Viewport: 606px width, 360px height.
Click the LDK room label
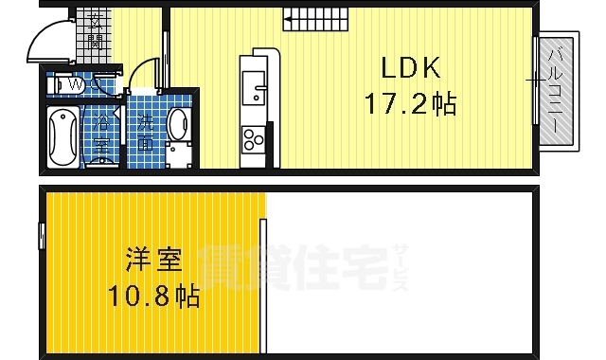411,68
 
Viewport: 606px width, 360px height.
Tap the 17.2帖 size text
411,103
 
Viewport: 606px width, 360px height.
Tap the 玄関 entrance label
96,32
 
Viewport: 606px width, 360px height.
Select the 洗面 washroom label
146,133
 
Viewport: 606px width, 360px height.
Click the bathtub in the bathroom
63,136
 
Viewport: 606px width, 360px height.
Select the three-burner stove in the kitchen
254,142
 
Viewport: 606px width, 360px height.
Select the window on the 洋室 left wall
43,234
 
